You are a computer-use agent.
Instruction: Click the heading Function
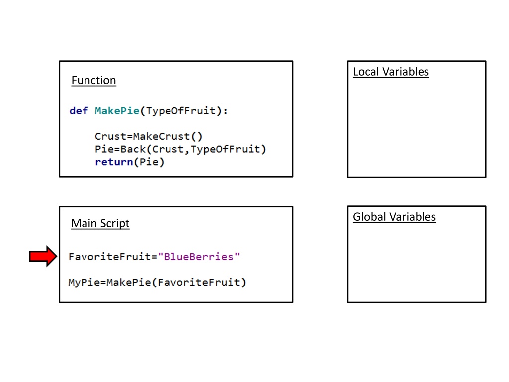point(93,80)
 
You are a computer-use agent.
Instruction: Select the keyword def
point(79,111)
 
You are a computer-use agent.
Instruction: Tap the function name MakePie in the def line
point(117,111)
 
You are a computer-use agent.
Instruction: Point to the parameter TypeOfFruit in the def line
point(181,111)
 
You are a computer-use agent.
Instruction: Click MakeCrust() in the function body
point(168,136)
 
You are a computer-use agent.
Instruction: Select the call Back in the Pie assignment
point(133,149)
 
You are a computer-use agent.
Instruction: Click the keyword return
point(114,162)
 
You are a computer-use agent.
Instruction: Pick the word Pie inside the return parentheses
point(149,162)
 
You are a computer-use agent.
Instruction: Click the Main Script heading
point(100,223)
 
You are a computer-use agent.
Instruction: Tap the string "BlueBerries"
point(199,257)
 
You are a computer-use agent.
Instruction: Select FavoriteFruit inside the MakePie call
point(198,282)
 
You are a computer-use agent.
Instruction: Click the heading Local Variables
point(391,72)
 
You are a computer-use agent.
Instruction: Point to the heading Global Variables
point(394,217)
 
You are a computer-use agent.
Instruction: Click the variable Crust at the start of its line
point(110,136)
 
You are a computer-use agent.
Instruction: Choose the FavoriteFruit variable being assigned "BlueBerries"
point(109,257)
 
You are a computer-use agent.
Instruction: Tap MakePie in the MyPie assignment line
point(129,282)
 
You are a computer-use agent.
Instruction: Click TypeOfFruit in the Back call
point(226,149)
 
